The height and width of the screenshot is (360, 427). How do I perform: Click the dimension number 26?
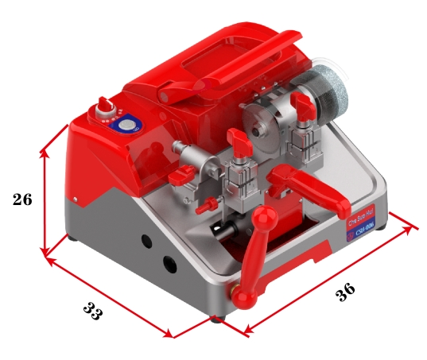click(x=22, y=199)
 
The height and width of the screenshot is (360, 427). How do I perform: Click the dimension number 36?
click(x=345, y=292)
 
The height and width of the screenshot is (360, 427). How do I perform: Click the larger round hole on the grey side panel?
click(x=169, y=263)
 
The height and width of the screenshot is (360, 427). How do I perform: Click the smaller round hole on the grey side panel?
click(x=146, y=240)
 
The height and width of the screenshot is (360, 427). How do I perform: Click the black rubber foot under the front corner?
click(x=216, y=319)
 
